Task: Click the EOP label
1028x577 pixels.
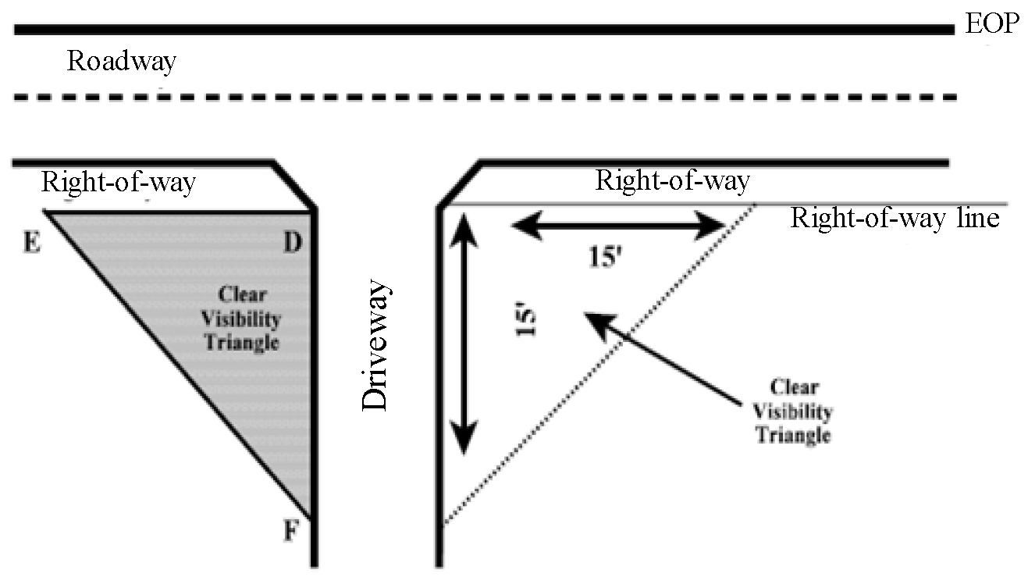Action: (991, 24)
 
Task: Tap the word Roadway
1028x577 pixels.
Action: (121, 61)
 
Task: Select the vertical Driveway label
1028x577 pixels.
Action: (375, 346)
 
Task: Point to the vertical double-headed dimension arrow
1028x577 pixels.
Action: (465, 336)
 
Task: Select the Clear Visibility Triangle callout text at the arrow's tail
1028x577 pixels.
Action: (795, 411)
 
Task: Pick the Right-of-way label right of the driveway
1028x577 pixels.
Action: (672, 181)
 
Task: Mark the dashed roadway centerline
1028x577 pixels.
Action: (484, 98)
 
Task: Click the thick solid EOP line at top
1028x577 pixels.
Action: (484, 30)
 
